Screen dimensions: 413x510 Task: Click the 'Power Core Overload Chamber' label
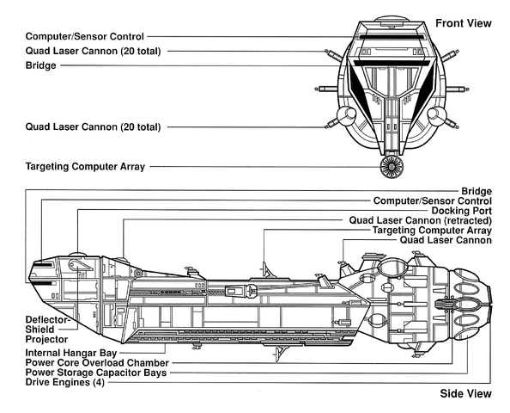coord(84,362)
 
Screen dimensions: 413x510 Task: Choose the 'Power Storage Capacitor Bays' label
coord(86,373)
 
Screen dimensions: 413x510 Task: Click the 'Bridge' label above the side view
coord(477,190)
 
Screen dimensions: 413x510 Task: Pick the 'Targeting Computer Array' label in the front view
coord(86,165)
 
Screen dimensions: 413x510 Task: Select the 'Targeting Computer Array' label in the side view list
coord(432,231)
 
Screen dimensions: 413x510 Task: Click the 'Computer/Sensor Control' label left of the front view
coord(85,36)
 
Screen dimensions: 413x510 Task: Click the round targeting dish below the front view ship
coord(392,166)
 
